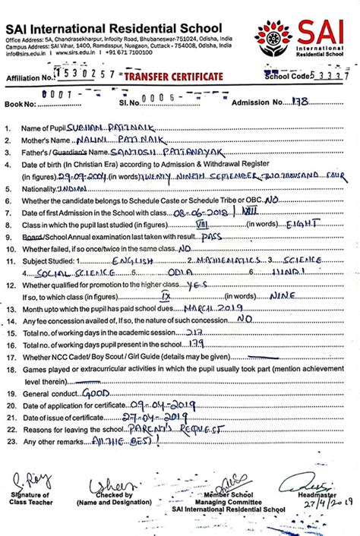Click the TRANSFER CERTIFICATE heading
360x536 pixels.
tap(174, 77)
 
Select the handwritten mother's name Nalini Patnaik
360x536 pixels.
tap(122, 140)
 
